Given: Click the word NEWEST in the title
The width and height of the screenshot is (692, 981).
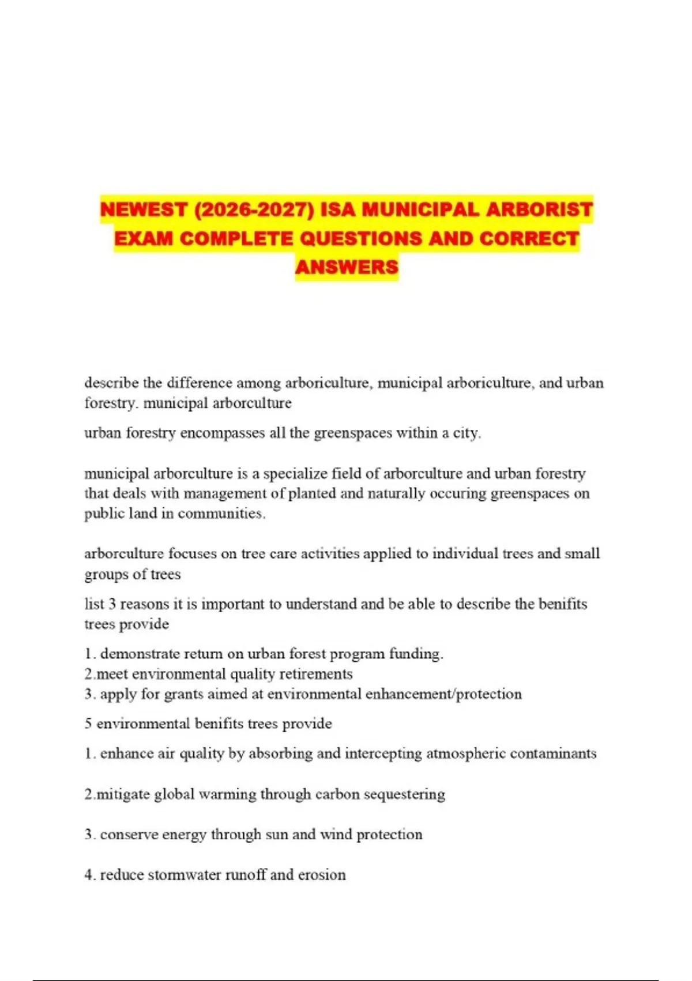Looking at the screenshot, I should (144, 209).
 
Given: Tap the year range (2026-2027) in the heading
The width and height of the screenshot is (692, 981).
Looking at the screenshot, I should (254, 209).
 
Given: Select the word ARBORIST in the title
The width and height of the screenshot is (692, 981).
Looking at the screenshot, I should (539, 209).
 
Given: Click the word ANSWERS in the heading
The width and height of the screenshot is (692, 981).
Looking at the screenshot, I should (347, 267).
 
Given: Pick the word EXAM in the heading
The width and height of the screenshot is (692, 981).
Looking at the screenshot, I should (144, 238).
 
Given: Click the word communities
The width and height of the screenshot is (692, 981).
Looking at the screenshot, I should (221, 514).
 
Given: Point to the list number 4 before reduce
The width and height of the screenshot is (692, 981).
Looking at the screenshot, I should (88, 875).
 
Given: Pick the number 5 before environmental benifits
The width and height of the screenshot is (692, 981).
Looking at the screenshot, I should (88, 724).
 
